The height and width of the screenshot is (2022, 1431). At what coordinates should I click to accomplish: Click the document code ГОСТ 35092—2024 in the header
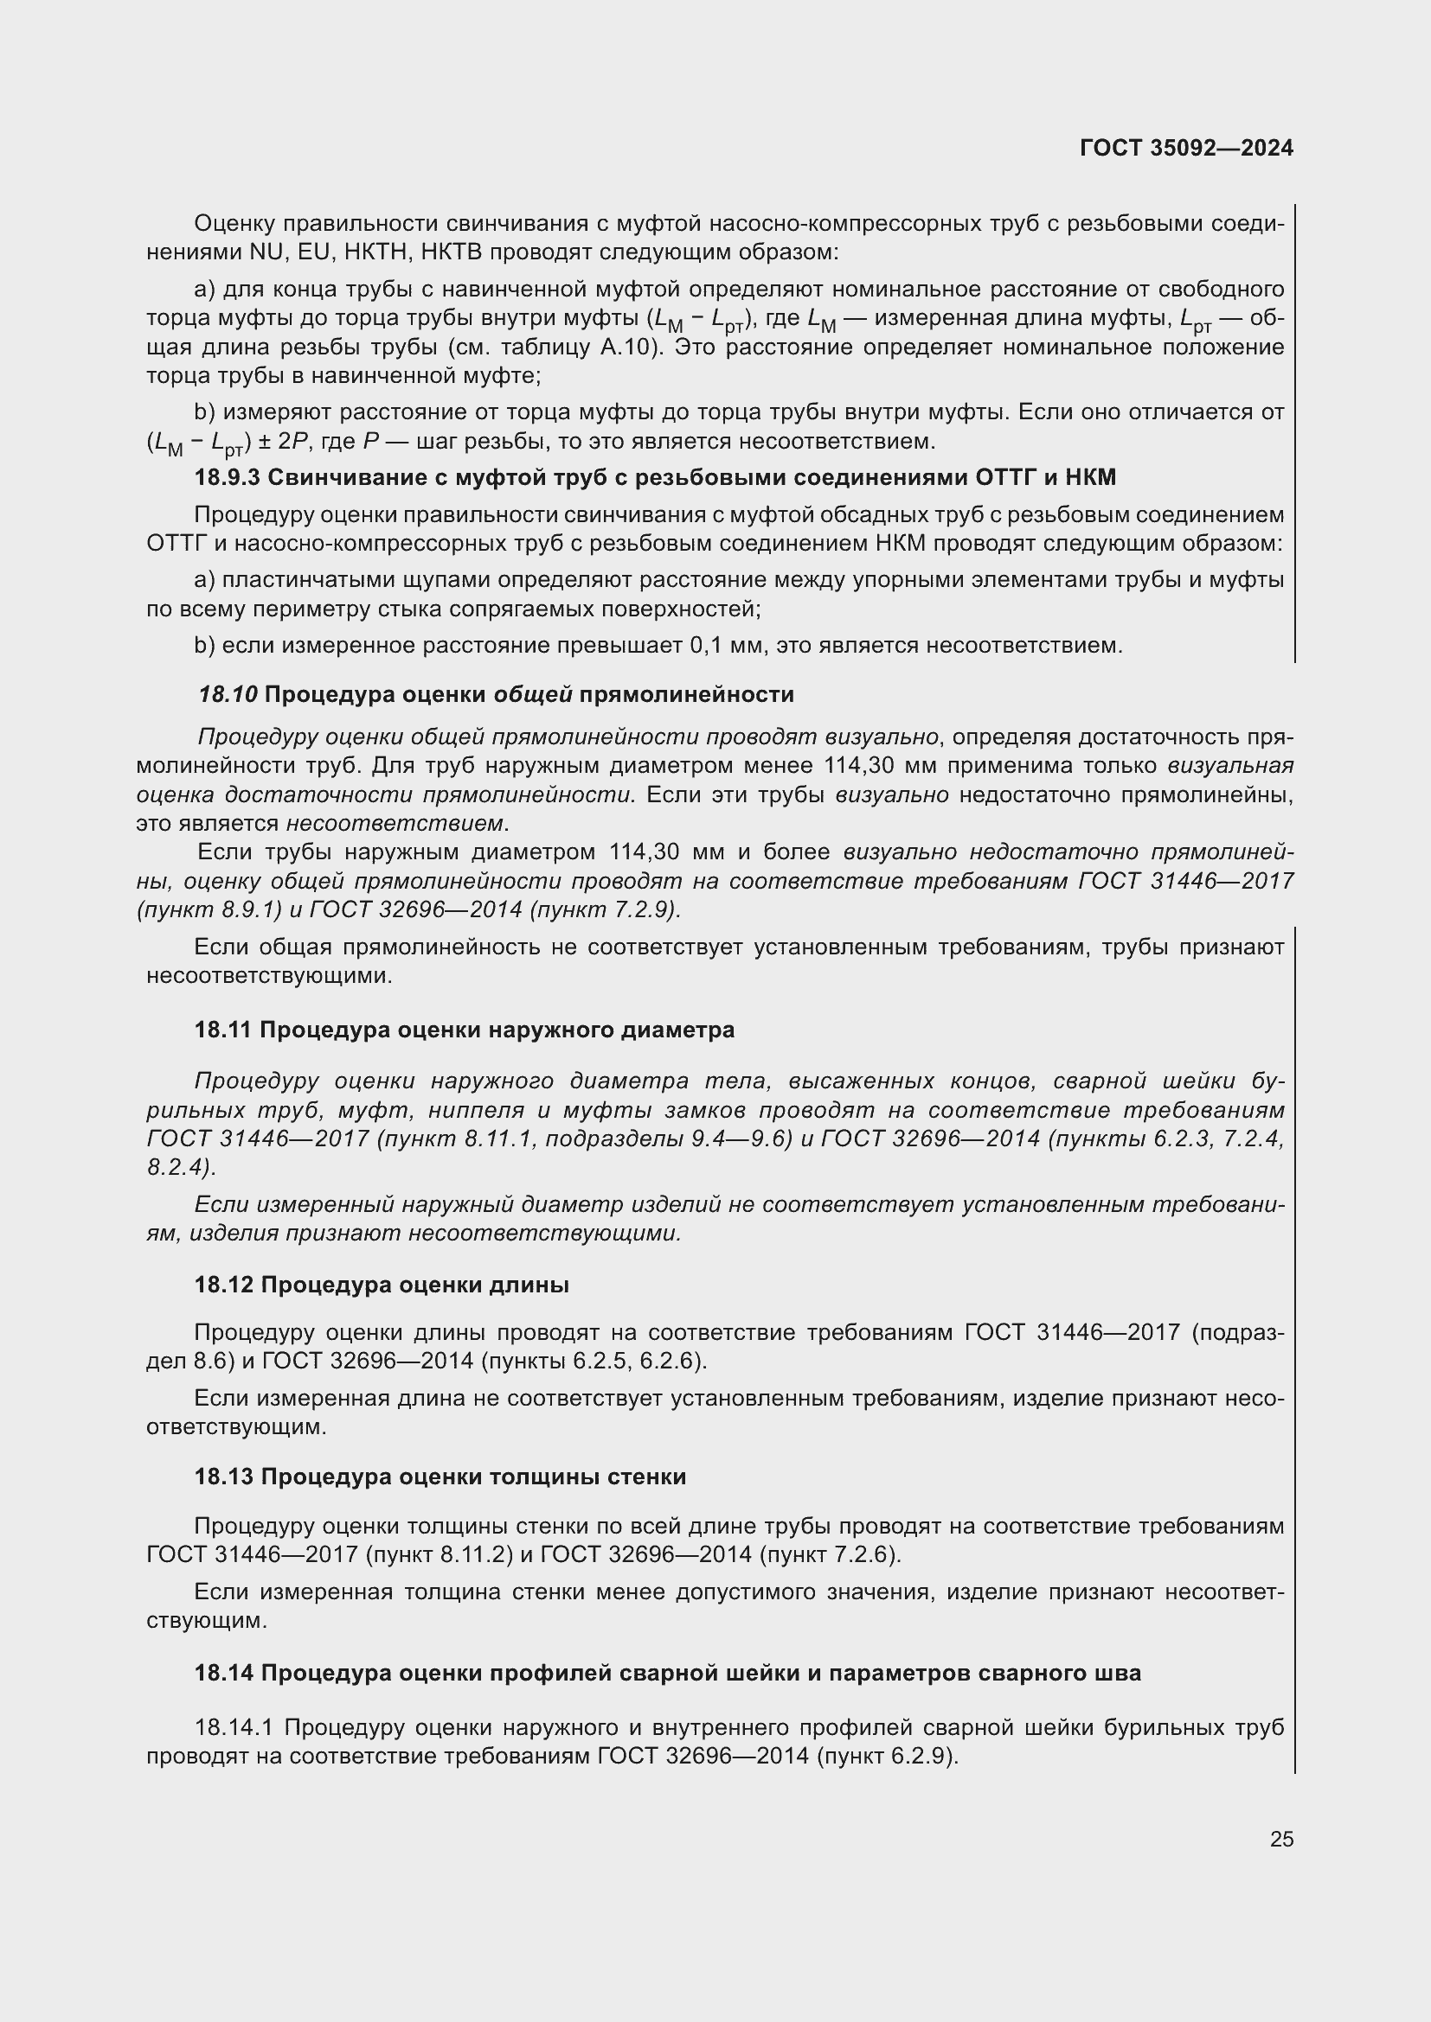(1186, 148)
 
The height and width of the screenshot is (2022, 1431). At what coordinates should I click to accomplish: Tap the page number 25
(1281, 1840)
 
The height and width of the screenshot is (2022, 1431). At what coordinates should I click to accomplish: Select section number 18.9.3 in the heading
(227, 477)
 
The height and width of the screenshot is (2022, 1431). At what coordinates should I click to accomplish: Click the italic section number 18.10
(228, 695)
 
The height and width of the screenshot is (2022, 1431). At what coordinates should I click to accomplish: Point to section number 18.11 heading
(223, 1030)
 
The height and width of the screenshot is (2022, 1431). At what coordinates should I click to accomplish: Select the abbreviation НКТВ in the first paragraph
(450, 252)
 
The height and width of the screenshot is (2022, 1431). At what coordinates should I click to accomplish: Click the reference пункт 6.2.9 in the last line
(890, 1757)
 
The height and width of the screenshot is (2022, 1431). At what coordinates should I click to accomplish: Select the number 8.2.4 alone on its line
(179, 1168)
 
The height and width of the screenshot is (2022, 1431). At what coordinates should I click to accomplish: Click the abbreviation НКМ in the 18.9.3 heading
(1090, 477)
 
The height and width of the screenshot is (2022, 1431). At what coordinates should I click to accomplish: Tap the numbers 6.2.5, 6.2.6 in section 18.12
(635, 1362)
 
